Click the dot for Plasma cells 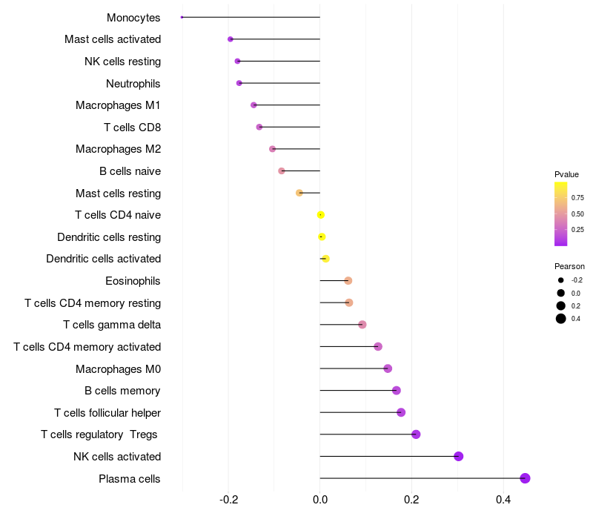[525, 478]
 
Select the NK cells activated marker [459, 456]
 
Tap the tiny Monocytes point [182, 17]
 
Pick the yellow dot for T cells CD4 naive [320, 215]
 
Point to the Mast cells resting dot [299, 193]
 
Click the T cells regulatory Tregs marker [416, 434]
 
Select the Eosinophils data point [348, 280]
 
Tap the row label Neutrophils [133, 83]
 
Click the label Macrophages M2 [119, 149]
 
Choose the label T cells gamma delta [112, 325]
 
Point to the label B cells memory [122, 391]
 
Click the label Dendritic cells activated [104, 259]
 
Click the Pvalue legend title [566, 174]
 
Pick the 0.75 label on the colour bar [577, 198]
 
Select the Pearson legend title [569, 266]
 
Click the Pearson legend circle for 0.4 [561, 319]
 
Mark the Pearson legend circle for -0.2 [561, 280]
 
